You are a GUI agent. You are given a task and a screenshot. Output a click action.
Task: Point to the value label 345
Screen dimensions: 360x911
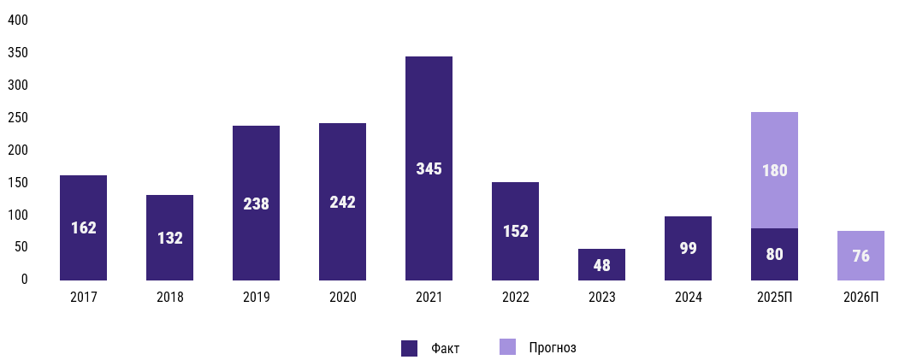click(429, 169)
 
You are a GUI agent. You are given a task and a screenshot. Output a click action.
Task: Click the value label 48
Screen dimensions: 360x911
click(601, 265)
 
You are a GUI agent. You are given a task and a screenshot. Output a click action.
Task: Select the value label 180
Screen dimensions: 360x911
click(774, 170)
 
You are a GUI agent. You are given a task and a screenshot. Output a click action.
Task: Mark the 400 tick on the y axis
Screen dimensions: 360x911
click(18, 21)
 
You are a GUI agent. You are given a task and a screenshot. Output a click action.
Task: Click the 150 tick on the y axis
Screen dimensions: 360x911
click(18, 182)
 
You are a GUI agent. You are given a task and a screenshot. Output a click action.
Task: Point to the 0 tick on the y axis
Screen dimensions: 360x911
click(24, 279)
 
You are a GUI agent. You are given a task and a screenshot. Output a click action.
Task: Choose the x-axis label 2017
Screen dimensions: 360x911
click(84, 298)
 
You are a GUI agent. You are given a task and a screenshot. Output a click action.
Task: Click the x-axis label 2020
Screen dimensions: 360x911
click(342, 298)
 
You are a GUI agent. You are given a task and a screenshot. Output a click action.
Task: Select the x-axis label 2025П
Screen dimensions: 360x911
click(774, 298)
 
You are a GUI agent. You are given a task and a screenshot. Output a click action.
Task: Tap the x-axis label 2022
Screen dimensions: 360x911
click(515, 298)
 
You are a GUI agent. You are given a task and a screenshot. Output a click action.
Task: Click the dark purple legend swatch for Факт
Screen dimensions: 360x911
click(409, 348)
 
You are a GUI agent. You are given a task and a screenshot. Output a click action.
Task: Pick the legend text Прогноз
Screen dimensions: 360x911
click(553, 348)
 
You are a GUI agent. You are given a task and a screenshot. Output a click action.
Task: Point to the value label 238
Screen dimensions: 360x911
click(256, 204)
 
